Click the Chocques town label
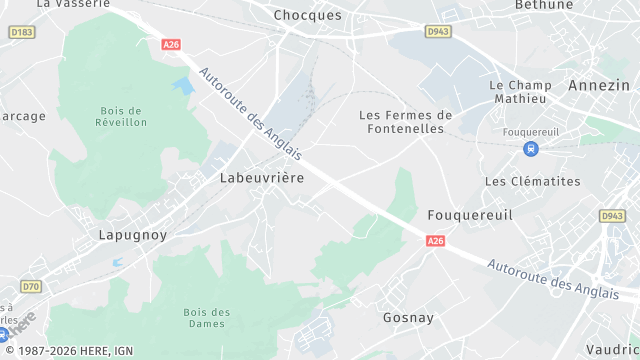[307, 15]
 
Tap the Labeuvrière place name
[261, 177]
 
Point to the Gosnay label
[407, 317]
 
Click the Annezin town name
[599, 85]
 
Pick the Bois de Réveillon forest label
[124, 116]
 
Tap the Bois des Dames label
[207, 318]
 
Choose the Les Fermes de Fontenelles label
[405, 122]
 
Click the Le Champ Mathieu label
[520, 92]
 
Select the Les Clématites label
[532, 181]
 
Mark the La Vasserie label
[73, 4]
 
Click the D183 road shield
[21, 33]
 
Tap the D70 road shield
[32, 287]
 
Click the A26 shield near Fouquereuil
[435, 241]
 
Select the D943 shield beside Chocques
[438, 32]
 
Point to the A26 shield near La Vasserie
[170, 44]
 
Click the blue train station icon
[530, 149]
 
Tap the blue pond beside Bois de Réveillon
[182, 86]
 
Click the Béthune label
[544, 4]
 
